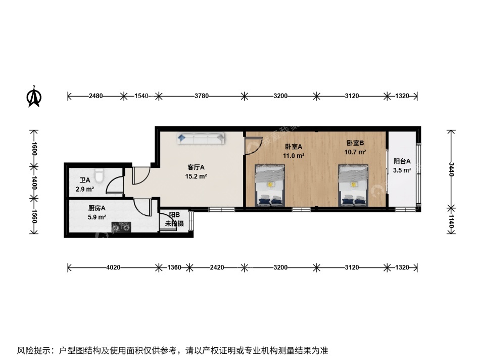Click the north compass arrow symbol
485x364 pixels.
(x=34, y=97)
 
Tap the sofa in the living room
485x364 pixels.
(x=201, y=139)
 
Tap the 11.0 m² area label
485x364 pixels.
(x=293, y=156)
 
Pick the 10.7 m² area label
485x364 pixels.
(x=355, y=152)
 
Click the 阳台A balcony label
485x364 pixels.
(x=402, y=161)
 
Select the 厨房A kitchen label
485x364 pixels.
(x=96, y=208)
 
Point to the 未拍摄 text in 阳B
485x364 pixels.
(x=167, y=223)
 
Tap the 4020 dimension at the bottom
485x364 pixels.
(x=113, y=267)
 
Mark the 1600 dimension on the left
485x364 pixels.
(x=34, y=148)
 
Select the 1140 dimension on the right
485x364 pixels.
(x=451, y=221)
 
